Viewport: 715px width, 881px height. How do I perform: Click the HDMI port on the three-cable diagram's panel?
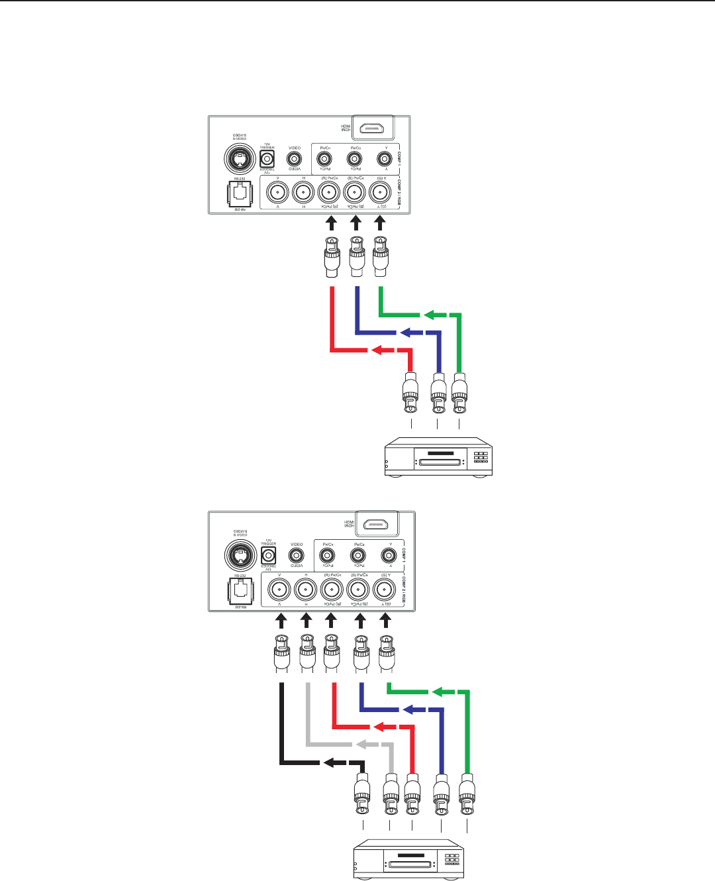click(x=373, y=128)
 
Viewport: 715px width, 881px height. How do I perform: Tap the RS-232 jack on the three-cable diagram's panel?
click(x=240, y=193)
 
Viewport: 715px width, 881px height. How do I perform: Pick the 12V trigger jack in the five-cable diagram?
click(x=269, y=555)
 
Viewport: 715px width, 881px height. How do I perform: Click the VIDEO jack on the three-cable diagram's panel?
click(x=295, y=159)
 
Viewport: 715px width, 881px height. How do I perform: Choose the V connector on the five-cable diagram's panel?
click(x=279, y=589)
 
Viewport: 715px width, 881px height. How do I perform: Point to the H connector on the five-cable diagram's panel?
click(x=305, y=589)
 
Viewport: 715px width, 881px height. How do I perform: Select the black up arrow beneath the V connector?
click(x=281, y=621)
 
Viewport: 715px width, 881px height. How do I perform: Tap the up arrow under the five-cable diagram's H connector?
click(x=306, y=621)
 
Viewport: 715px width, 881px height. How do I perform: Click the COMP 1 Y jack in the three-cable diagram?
click(x=384, y=159)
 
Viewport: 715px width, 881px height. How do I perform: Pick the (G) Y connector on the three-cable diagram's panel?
click(x=379, y=193)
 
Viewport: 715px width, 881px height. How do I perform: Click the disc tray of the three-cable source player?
click(x=439, y=461)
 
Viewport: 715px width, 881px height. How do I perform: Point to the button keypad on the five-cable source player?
click(x=452, y=859)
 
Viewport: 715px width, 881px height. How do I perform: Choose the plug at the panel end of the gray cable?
click(x=307, y=652)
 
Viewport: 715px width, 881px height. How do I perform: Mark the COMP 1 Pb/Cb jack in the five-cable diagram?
click(x=358, y=555)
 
